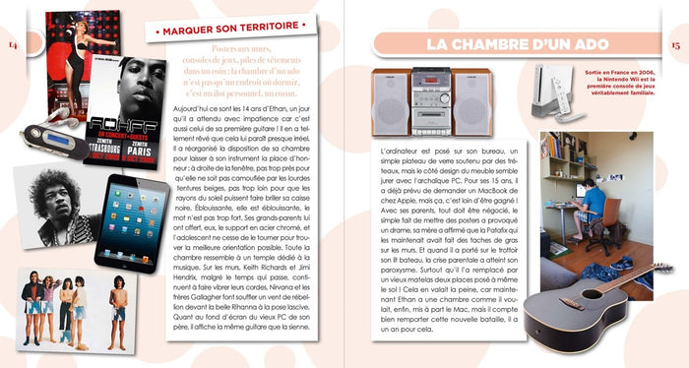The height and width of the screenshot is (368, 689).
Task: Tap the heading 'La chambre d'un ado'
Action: [518, 44]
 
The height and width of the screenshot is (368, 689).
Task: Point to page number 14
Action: [13, 45]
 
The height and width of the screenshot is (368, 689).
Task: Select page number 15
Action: [675, 45]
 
